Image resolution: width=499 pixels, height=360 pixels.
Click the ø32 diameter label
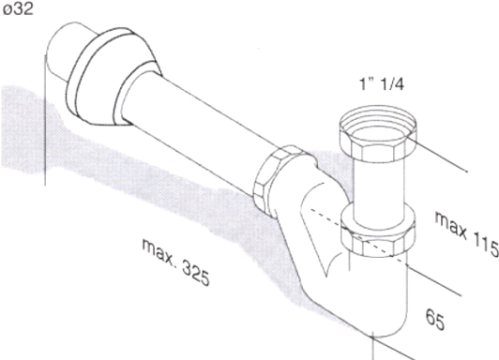pos(18,8)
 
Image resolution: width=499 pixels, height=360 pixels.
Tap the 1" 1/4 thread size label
pos(382,84)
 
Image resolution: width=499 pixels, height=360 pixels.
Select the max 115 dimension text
pos(466,233)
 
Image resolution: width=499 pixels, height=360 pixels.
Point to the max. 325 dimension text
pos(175,262)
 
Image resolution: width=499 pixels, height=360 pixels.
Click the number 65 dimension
pos(435,320)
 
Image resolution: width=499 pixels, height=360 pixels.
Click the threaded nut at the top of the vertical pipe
pos(377,133)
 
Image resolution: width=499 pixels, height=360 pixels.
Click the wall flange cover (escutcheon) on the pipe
pos(112,76)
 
